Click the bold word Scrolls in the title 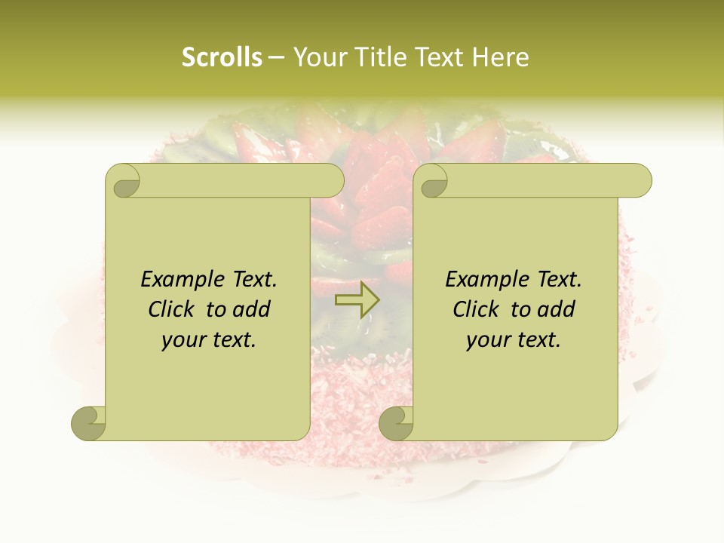222,57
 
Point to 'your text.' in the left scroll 209,340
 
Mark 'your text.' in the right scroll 514,340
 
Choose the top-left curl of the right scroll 433,182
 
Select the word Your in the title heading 318,57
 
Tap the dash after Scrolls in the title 276,57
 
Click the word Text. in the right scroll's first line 557,280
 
